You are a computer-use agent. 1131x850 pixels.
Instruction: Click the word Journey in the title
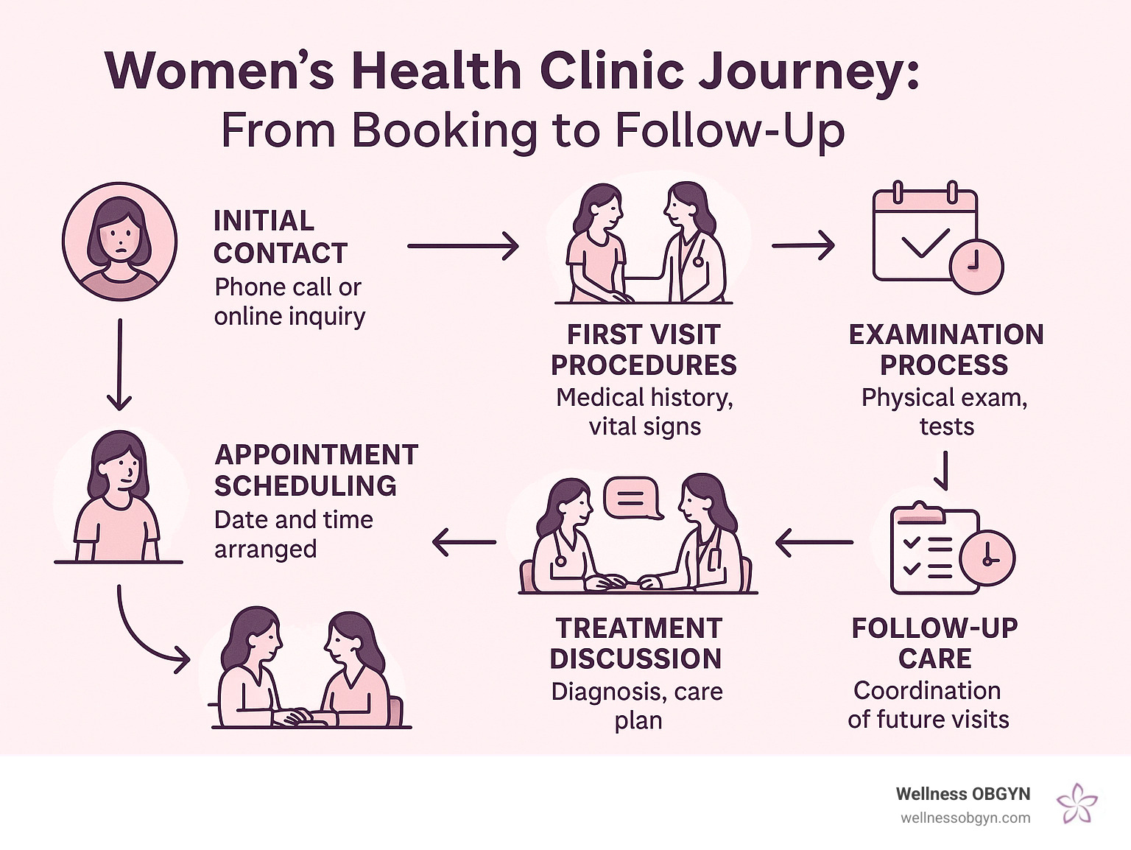[807, 72]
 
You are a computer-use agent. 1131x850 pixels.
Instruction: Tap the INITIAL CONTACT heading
[280, 236]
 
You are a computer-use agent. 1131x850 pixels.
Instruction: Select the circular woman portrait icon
[119, 242]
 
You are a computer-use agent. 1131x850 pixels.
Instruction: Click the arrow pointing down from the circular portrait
[119, 365]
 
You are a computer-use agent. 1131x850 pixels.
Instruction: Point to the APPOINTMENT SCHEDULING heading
[316, 470]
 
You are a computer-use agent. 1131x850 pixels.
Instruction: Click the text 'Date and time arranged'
[293, 534]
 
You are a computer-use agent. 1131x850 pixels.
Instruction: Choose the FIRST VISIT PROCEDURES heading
[644, 350]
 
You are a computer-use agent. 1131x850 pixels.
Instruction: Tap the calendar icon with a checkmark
[926, 236]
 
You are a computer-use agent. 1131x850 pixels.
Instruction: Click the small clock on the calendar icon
[976, 266]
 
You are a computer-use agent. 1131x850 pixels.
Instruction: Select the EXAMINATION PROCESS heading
[946, 350]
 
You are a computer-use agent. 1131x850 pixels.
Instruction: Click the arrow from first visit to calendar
[803, 245]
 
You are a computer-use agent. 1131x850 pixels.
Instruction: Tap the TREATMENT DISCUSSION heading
[637, 643]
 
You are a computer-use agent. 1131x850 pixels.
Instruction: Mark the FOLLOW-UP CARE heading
[934, 643]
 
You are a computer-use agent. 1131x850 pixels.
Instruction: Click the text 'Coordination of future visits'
[928, 705]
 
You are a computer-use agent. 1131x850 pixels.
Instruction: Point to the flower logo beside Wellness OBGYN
[1077, 804]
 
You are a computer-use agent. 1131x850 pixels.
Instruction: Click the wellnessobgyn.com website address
[965, 818]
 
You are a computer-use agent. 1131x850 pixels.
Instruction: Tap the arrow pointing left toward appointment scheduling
[464, 543]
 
